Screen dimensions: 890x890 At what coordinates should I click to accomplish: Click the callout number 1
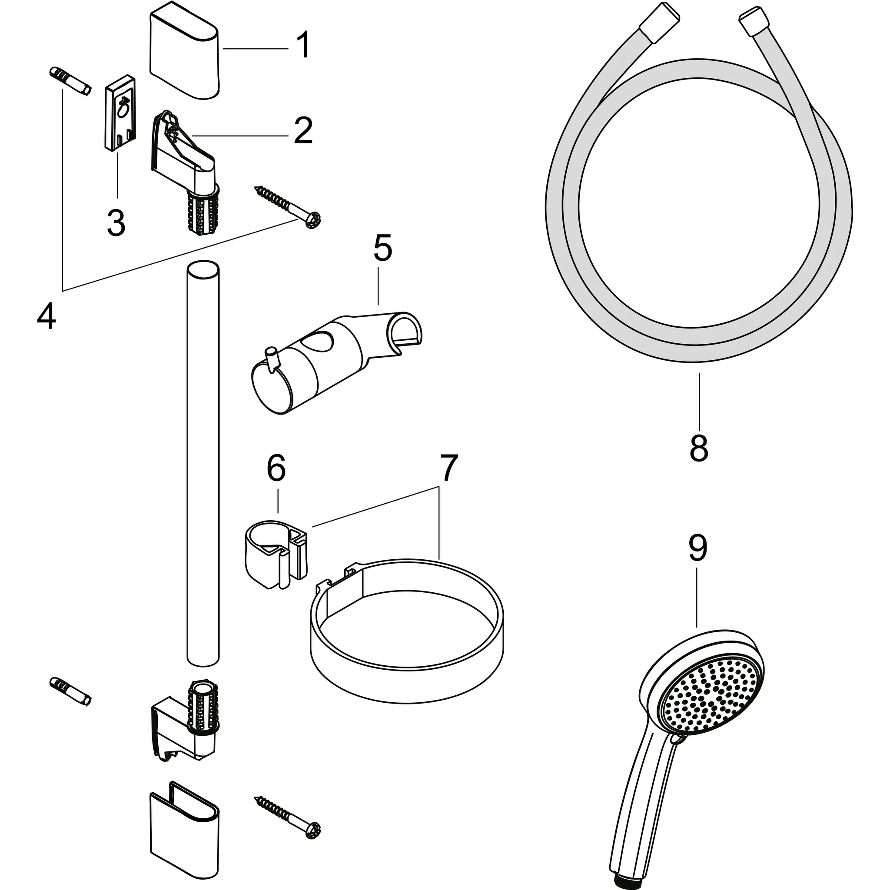point(302,46)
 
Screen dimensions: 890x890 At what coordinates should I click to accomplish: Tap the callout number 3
point(116,222)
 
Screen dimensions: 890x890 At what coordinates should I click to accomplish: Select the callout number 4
point(46,317)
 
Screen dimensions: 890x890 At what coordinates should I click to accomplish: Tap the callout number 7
point(445,468)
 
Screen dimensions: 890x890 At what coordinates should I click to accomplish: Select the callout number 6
point(276,468)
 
